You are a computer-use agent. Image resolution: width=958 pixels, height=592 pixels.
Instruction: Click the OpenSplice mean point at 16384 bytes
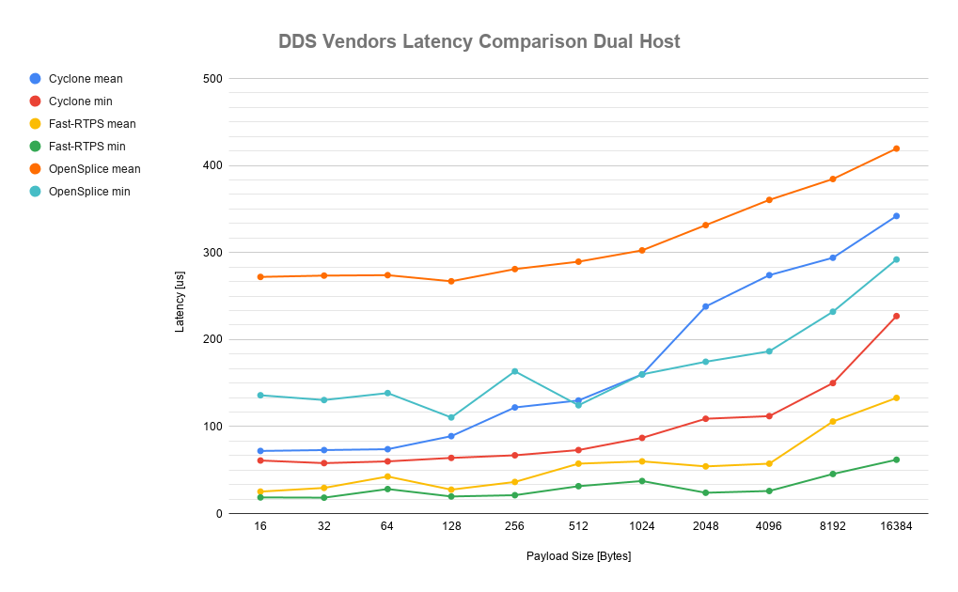896,148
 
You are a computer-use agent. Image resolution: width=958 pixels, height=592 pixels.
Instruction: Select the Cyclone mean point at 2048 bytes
705,306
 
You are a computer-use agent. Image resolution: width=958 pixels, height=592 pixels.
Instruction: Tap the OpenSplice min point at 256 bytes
514,371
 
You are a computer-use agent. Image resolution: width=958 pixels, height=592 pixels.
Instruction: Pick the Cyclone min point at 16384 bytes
896,316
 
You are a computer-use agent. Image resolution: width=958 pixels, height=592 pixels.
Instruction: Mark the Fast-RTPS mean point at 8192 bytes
832,421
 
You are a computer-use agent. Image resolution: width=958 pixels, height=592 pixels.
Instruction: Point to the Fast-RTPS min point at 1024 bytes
642,481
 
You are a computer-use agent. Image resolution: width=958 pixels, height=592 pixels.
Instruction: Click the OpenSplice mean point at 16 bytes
260,277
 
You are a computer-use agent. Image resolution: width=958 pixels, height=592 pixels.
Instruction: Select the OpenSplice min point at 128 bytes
451,417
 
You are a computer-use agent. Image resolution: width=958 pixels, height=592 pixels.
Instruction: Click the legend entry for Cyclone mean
85,79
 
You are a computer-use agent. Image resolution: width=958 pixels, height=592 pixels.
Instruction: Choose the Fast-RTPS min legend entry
86,147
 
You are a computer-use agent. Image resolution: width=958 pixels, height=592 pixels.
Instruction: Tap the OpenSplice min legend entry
88,192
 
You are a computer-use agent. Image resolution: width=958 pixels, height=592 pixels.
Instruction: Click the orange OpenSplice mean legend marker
35,169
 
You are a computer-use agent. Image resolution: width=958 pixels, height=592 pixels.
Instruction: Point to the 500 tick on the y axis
212,79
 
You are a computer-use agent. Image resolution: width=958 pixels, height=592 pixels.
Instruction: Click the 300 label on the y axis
212,253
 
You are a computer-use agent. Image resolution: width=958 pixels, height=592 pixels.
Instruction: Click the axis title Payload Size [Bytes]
578,556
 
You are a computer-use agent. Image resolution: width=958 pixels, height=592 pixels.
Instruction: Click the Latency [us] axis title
180,296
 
